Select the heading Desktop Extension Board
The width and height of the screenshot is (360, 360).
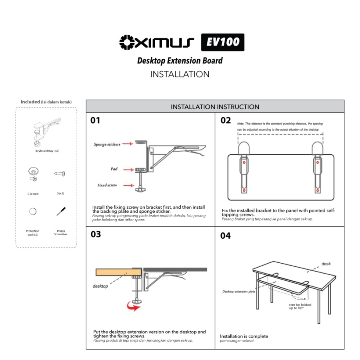click(x=180, y=61)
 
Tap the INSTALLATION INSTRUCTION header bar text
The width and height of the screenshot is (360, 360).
click(x=215, y=107)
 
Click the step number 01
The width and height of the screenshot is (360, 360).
click(x=95, y=120)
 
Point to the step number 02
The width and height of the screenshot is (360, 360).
click(x=226, y=120)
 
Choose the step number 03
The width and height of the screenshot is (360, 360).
click(x=96, y=234)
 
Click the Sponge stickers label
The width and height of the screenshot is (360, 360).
click(x=107, y=144)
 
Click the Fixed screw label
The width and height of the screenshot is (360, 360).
click(x=107, y=185)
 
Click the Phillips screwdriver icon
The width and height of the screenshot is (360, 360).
click(x=61, y=211)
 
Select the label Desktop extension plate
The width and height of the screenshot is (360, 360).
click(x=238, y=292)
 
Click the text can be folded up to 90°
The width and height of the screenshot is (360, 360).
click(x=300, y=306)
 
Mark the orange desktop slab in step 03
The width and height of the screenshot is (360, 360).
click(x=119, y=272)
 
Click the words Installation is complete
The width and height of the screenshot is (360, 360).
click(x=244, y=336)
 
